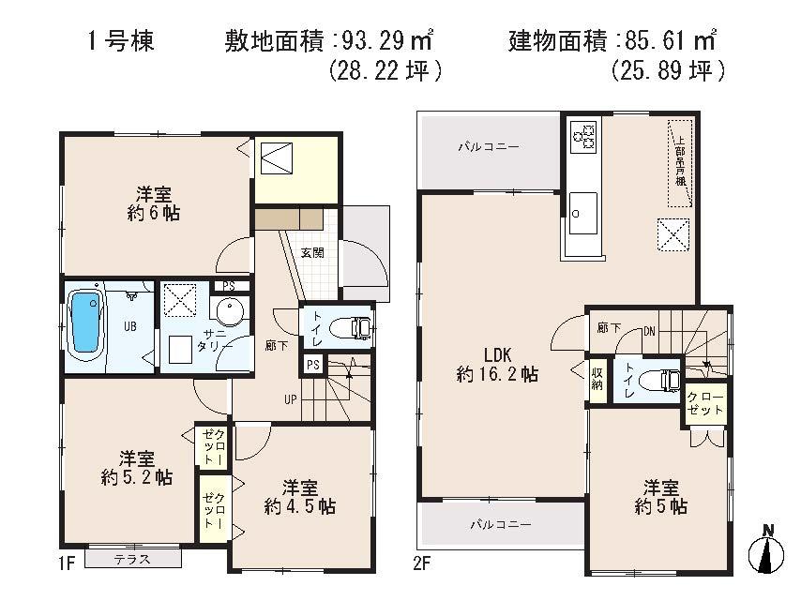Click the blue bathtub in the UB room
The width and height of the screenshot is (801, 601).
(84, 324)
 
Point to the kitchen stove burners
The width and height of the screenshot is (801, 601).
(582, 137)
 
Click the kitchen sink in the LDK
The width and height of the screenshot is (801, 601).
(582, 211)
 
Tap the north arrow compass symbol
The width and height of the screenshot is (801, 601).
(766, 551)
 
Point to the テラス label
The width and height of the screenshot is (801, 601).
(131, 560)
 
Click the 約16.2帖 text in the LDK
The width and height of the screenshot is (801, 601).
(497, 374)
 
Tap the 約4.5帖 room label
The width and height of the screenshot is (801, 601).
(300, 506)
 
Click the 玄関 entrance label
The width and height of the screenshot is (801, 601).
(311, 252)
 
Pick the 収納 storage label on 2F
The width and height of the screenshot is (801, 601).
(597, 380)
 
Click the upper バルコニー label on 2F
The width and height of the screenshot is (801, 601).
(488, 147)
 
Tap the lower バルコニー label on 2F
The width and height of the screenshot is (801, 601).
(501, 525)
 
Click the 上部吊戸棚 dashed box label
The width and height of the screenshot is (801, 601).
(681, 162)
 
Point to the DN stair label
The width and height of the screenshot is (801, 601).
(648, 329)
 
